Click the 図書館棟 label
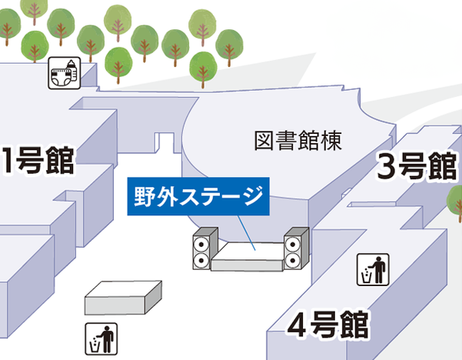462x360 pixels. (x=298, y=141)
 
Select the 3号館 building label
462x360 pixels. (x=417, y=165)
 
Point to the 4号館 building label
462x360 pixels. (x=328, y=325)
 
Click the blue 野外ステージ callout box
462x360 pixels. (x=198, y=196)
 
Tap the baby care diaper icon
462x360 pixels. (x=65, y=73)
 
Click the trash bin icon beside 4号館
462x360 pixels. (x=373, y=269)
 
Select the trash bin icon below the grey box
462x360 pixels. (x=101, y=339)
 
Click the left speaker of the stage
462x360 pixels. (x=205, y=248)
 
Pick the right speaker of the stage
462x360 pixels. (x=296, y=248)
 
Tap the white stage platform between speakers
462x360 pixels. (x=248, y=256)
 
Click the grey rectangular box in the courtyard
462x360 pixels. (x=123, y=298)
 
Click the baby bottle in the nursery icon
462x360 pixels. (x=72, y=71)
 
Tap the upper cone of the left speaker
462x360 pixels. (x=201, y=244)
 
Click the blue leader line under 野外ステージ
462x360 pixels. (x=246, y=233)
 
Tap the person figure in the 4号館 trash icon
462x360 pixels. (x=378, y=270)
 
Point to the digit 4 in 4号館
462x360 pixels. (x=297, y=325)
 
